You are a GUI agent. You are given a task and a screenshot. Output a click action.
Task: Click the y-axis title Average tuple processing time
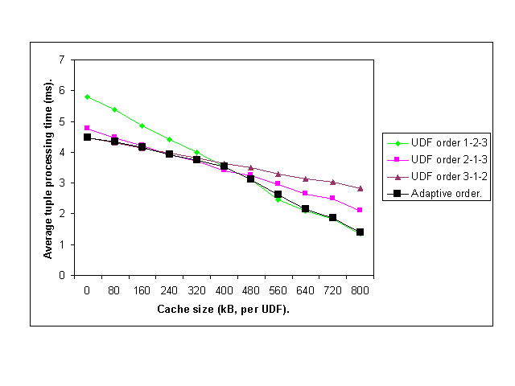coord(48,169)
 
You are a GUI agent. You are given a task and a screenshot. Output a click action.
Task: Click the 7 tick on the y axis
coord(61,60)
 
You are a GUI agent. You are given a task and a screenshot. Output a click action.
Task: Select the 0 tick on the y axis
coord(61,275)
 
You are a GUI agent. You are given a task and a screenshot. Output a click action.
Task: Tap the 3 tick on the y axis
coord(61,183)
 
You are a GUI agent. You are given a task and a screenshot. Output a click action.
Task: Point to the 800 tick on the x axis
coord(360,290)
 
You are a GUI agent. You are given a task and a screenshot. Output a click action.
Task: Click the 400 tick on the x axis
coord(223,290)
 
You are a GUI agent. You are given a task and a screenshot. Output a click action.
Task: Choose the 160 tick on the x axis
coord(142,290)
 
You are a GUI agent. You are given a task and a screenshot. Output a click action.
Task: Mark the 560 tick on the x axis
coord(278,290)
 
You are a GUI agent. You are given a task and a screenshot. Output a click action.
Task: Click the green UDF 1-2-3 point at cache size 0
coord(87,96)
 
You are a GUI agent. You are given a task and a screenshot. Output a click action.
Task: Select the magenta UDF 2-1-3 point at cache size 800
coord(360,210)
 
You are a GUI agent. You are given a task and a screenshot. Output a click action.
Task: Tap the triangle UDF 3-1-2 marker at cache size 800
coord(360,188)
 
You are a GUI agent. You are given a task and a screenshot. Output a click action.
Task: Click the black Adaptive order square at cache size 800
coord(360,232)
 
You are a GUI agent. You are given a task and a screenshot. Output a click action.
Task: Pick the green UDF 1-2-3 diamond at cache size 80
coord(114,109)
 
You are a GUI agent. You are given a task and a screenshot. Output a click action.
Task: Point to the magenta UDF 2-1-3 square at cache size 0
coord(87,128)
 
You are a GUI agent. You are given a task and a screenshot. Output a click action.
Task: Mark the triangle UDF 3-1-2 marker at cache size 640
coord(305,179)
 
